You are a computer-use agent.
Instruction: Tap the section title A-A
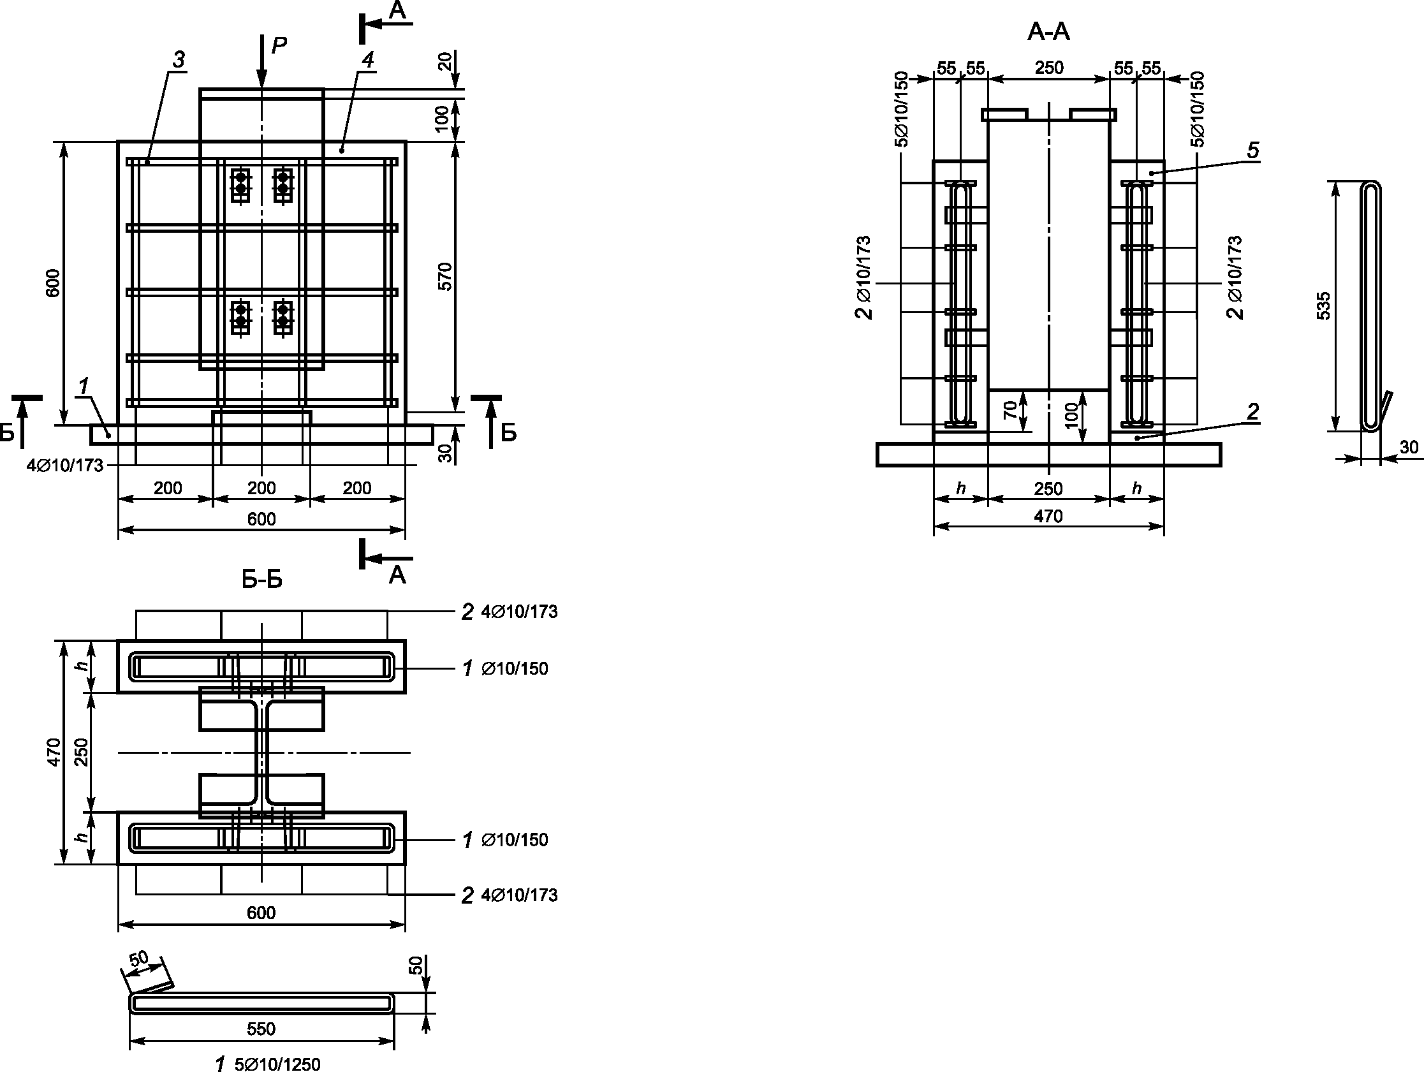click(1048, 31)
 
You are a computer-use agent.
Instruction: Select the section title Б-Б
click(262, 580)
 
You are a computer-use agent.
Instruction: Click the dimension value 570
click(445, 276)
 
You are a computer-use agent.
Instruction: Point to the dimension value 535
click(1323, 306)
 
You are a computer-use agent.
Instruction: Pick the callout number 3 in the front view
click(179, 60)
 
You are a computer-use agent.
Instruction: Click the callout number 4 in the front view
click(367, 60)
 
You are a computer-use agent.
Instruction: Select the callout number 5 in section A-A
click(1252, 151)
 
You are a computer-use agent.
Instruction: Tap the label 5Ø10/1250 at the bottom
click(277, 1064)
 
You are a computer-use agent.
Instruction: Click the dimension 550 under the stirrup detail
click(261, 1029)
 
